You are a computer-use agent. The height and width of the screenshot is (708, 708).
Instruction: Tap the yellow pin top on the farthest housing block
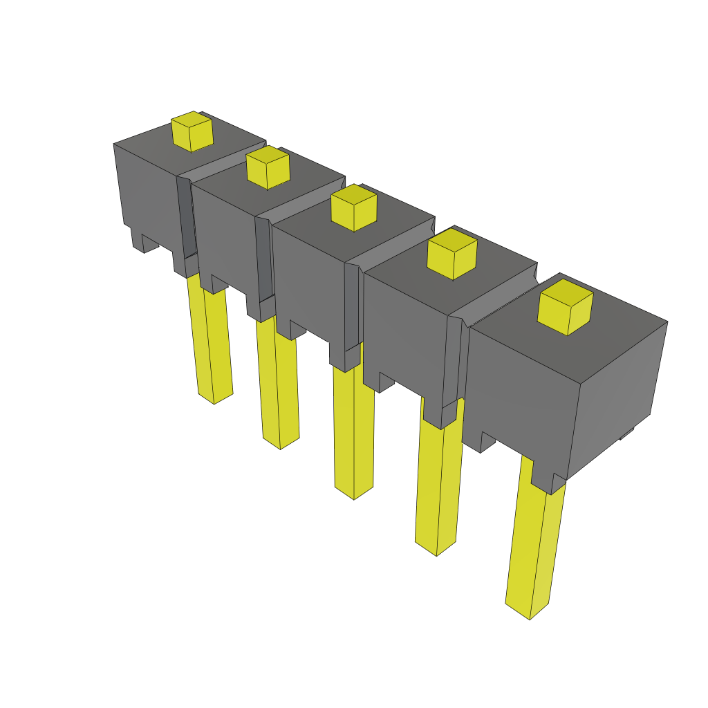coord(192,131)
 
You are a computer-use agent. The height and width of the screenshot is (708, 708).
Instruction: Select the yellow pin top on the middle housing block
coord(353,207)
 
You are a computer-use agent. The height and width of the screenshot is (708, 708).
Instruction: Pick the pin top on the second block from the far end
coord(268,167)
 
